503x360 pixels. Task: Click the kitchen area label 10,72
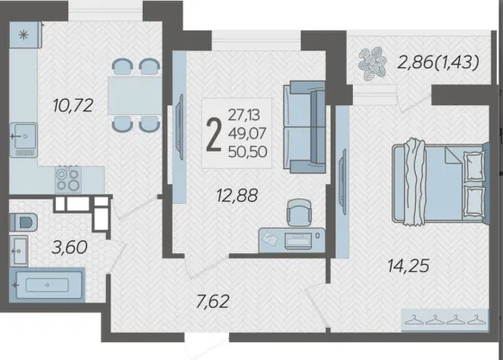73,105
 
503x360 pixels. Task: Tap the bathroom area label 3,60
69,247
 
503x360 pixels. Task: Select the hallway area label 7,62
213,302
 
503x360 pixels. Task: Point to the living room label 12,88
237,195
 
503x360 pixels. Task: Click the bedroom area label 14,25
409,266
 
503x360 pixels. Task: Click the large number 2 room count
214,135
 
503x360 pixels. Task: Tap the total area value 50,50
247,152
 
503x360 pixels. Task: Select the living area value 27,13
243,115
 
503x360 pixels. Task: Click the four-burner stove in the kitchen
67,180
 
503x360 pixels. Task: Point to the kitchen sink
23,140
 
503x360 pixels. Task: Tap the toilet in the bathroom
23,222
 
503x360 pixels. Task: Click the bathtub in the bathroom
47,285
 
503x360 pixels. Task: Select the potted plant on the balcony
372,63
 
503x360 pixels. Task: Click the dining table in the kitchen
135,95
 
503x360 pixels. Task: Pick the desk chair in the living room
299,212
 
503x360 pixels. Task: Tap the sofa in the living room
304,127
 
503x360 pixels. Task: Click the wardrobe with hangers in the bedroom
445,320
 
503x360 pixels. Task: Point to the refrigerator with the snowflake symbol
25,35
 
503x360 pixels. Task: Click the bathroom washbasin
19,251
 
